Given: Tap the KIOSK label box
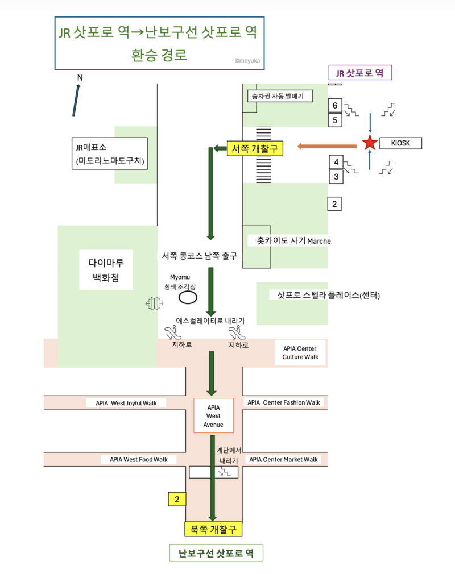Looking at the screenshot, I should click(400, 143).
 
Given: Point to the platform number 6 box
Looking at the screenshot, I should click(336, 105).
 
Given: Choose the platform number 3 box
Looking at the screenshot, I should click(336, 177).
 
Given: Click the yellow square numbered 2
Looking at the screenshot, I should click(177, 500).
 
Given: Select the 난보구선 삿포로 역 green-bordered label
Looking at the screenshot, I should click(216, 553).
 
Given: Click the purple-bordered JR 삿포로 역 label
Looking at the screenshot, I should click(361, 73).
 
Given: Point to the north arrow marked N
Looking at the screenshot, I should click(77, 98).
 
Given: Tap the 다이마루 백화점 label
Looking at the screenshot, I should click(106, 270).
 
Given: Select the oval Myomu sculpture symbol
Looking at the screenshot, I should click(188, 297).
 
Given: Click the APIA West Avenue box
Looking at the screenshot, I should click(214, 416).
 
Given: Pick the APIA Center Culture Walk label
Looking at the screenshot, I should click(300, 353).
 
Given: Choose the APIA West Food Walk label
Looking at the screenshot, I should click(139, 459).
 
